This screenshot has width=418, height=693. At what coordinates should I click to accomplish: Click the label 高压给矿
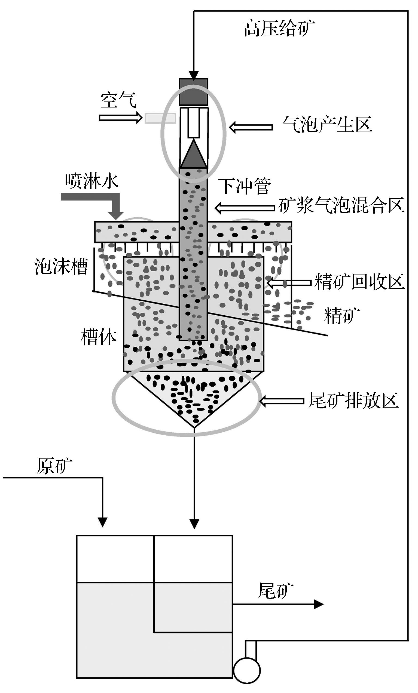(279, 28)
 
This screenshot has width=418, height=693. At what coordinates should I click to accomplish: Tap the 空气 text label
(118, 100)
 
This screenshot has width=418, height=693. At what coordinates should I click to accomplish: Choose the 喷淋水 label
(92, 181)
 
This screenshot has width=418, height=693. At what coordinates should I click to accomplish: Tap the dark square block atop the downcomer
(193, 92)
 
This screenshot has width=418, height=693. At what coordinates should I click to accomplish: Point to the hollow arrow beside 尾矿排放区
(282, 401)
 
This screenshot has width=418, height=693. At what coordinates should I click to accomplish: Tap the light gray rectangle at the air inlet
(160, 118)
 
